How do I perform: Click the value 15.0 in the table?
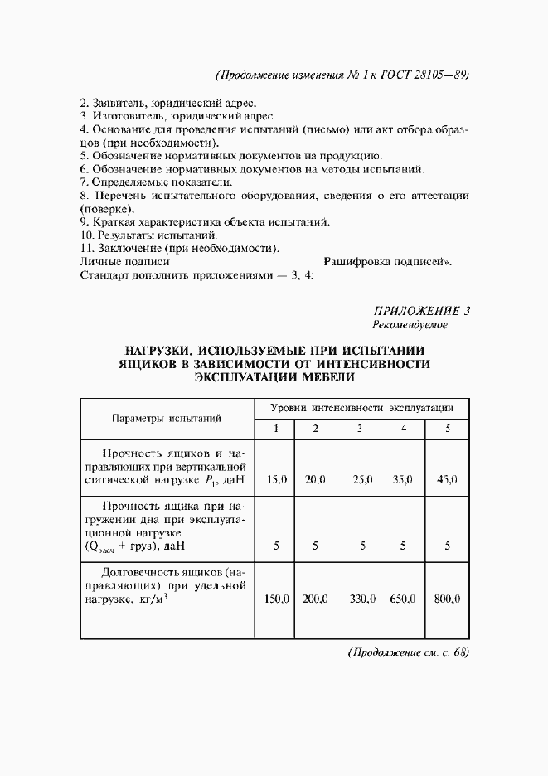(276, 480)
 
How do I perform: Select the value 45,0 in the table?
(447, 480)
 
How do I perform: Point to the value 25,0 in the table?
(360, 480)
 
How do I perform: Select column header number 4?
(403, 429)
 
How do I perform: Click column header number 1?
(277, 429)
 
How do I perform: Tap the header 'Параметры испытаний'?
(167, 419)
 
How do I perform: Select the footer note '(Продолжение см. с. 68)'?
(408, 652)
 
